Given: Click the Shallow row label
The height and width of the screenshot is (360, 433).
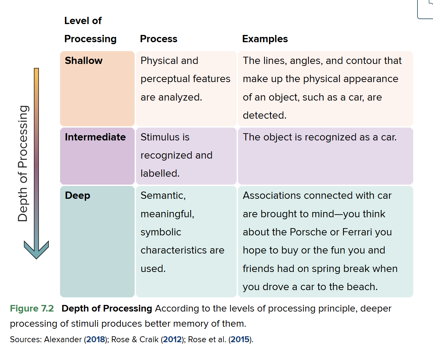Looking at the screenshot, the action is pyautogui.click(x=83, y=60).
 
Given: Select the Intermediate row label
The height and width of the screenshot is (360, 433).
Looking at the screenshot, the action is pyautogui.click(x=95, y=137).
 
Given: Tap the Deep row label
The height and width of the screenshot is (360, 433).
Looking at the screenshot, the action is pyautogui.click(x=77, y=196).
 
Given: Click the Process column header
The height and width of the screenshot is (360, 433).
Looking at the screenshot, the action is pyautogui.click(x=159, y=39).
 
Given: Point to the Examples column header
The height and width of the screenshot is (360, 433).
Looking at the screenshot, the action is pyautogui.click(x=265, y=39).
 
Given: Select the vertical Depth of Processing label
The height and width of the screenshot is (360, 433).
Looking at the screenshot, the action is pyautogui.click(x=22, y=164).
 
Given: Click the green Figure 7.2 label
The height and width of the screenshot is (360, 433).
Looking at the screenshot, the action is pyautogui.click(x=32, y=308).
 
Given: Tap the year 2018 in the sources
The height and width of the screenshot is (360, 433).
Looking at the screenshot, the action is pyautogui.click(x=96, y=340).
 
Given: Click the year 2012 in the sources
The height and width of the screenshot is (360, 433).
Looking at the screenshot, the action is pyautogui.click(x=172, y=340).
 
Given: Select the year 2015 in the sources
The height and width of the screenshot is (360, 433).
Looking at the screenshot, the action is pyautogui.click(x=240, y=340).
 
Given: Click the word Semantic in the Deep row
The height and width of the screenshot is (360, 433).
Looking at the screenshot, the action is pyautogui.click(x=163, y=196).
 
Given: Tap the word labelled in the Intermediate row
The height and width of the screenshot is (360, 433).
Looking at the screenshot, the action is pyautogui.click(x=160, y=173).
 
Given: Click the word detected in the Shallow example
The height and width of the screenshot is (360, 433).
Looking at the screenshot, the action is pyautogui.click(x=265, y=115).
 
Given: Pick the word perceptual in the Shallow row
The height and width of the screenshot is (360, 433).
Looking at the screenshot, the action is pyautogui.click(x=165, y=79).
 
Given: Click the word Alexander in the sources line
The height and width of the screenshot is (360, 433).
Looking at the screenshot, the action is pyautogui.click(x=63, y=340).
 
